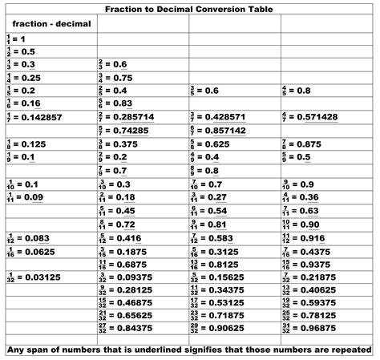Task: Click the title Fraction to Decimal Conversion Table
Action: tap(190, 10)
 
